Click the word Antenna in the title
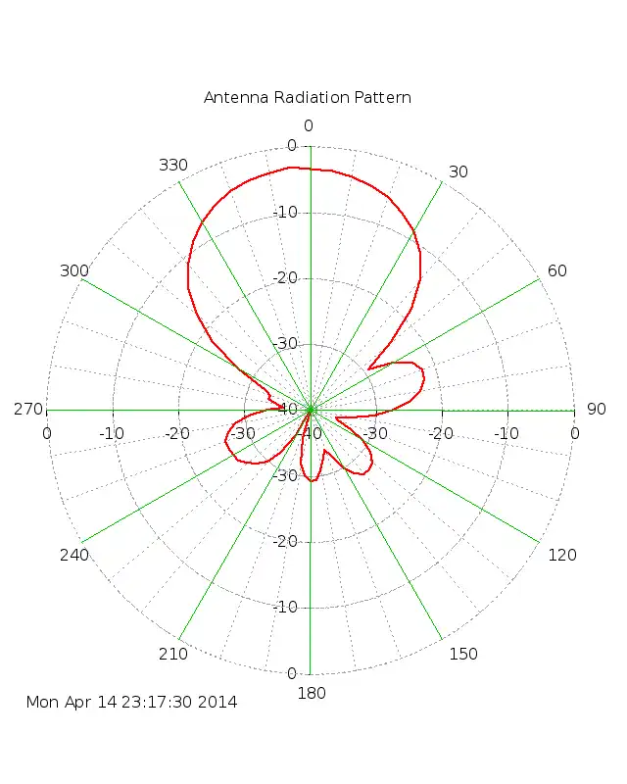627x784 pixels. coord(232,97)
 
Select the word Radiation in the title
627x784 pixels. coord(302,97)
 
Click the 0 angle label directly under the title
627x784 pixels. coord(309,125)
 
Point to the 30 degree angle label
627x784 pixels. coord(458,172)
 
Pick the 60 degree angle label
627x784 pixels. coord(557,270)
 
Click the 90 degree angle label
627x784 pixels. coord(596,410)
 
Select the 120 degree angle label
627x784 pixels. coord(562,555)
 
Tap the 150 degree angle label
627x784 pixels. coord(463,654)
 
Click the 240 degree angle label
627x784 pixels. coord(73,555)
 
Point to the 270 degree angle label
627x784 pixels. coord(27,410)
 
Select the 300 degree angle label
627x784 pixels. coord(73,270)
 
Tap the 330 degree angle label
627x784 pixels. coord(173,165)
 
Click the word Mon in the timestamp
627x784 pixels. coord(42,702)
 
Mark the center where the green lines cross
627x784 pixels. coord(311,410)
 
